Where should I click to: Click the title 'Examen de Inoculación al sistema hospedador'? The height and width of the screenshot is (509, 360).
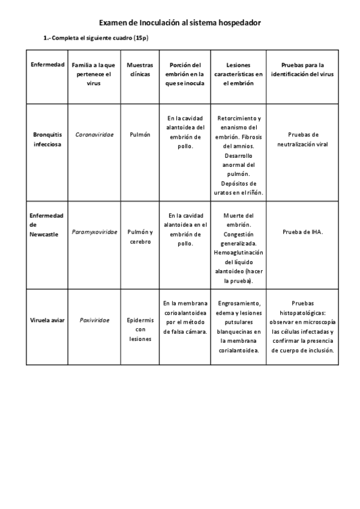179,23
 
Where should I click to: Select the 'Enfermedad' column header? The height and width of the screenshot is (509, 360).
47,64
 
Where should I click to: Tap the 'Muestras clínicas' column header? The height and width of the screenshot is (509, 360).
140,69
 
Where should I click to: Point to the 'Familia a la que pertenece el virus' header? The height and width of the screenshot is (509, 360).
93,74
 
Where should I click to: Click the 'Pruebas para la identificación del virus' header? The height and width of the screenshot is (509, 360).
302,69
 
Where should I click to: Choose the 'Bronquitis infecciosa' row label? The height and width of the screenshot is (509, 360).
47,139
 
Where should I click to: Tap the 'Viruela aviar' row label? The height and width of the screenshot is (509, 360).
47,320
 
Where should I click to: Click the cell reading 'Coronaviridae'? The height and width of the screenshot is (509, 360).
93,134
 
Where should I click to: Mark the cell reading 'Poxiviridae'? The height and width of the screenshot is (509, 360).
93,320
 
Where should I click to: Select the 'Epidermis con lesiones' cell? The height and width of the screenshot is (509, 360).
140,330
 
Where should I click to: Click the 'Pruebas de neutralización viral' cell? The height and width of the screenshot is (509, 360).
302,139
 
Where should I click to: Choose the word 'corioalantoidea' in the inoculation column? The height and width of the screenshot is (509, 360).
185,313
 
